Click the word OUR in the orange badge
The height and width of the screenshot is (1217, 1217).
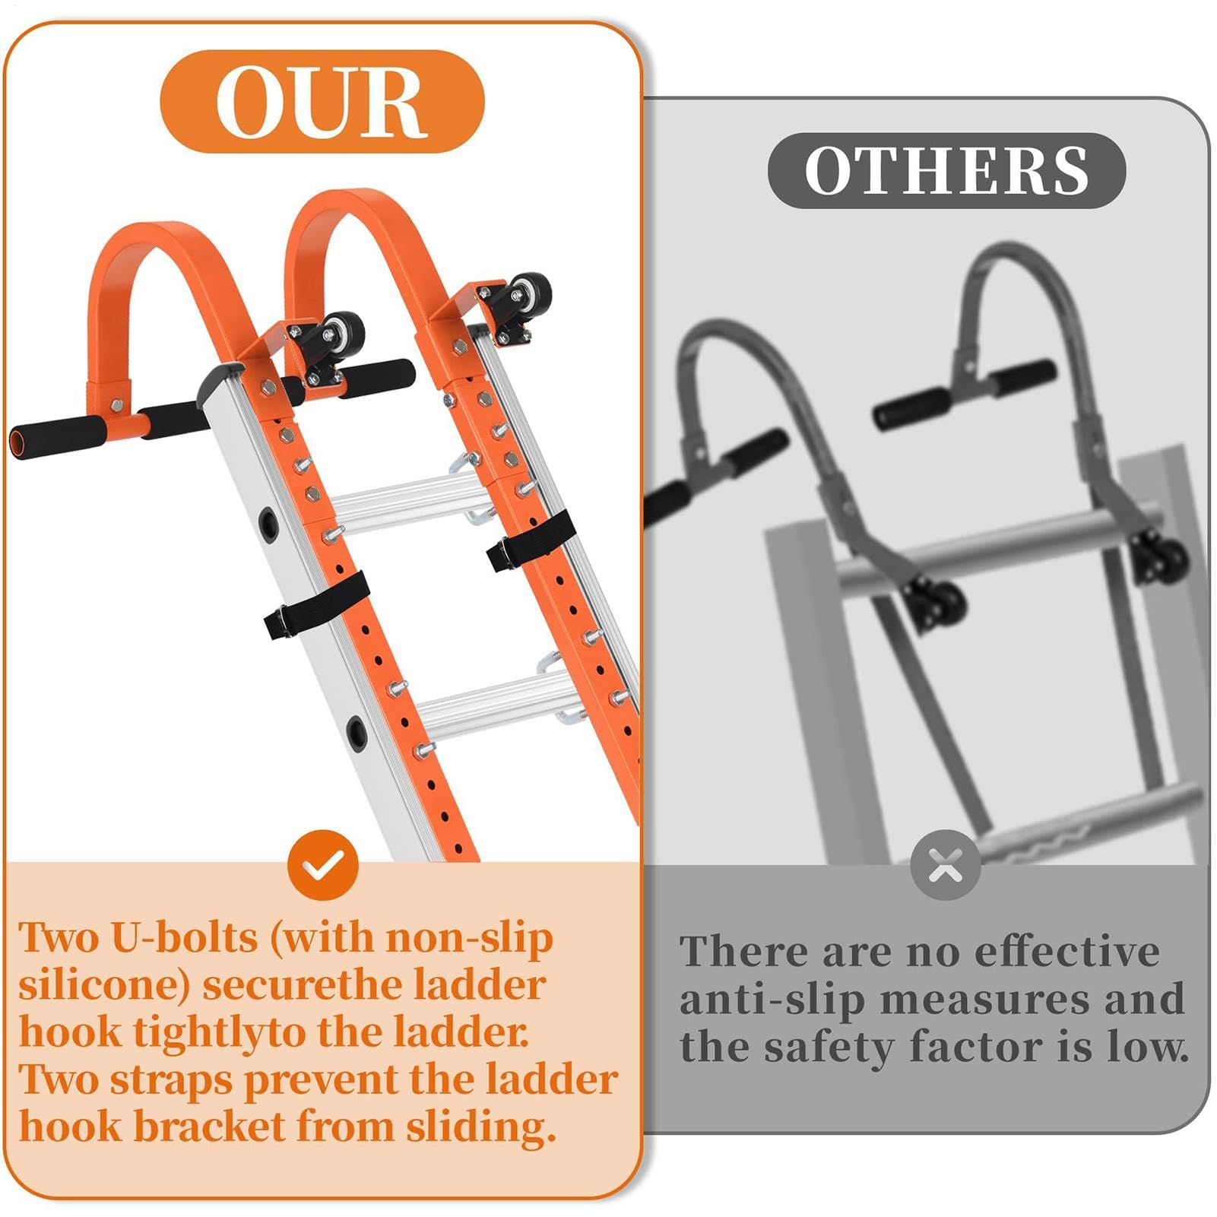[321, 103]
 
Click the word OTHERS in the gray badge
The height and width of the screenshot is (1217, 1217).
[946, 170]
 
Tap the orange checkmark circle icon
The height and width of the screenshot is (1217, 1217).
[323, 865]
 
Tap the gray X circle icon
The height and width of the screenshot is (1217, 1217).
[946, 865]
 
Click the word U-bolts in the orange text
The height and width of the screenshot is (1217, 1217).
[185, 937]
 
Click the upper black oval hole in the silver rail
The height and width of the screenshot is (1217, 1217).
[268, 524]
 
